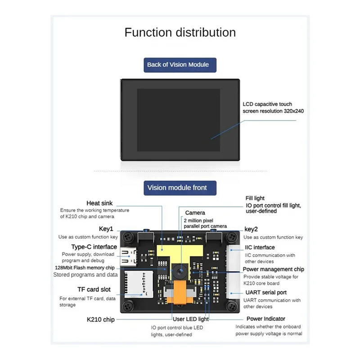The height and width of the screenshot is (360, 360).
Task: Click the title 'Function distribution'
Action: (180, 32)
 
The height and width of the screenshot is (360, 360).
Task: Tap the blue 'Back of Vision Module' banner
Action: (178, 64)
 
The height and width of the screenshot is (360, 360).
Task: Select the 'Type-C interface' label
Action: (94, 247)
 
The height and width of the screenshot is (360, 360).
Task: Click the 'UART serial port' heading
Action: (265, 292)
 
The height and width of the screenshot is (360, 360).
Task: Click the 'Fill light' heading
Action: (255, 198)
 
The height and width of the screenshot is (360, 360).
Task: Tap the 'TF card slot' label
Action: (94, 289)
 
